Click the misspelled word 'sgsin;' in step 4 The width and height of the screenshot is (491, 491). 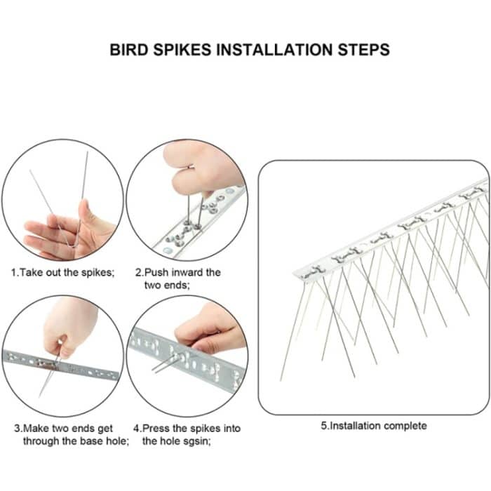(x=194, y=441)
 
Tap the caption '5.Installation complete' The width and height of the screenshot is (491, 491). (x=374, y=425)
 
